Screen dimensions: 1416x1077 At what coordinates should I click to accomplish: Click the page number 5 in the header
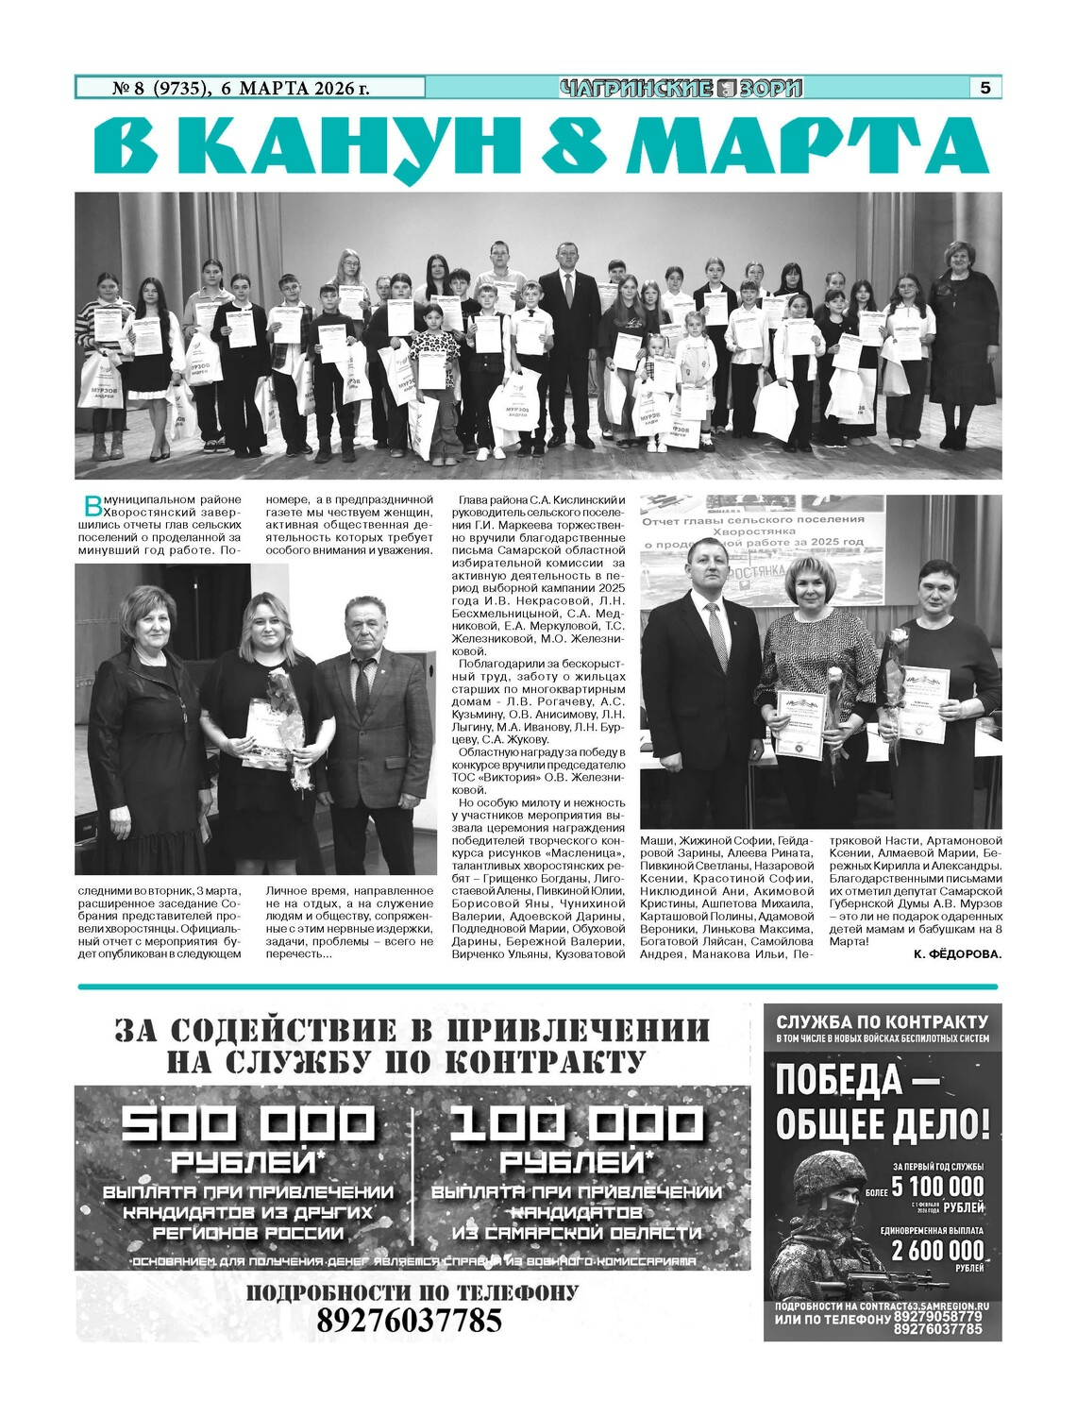coord(984,88)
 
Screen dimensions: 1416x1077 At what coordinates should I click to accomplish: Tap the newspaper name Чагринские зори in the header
coord(681,89)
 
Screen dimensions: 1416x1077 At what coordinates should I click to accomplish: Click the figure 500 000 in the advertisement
coord(248,1124)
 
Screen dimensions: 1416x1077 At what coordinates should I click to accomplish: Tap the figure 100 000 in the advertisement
coord(576,1124)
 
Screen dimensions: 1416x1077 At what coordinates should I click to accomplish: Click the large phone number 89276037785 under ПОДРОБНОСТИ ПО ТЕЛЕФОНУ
coord(409,1321)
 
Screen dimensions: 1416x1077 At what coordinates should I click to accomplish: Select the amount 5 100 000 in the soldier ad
coord(937,1187)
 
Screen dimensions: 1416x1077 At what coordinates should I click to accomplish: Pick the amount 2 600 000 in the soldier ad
coord(937,1251)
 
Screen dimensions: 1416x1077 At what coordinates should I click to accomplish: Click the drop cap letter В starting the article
coord(92,505)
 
